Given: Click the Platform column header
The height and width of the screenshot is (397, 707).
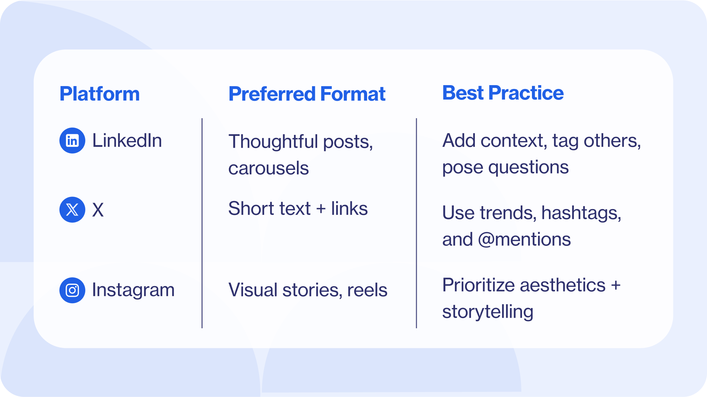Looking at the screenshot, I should click(99, 94).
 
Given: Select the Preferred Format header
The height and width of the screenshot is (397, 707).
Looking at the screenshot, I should click(307, 94).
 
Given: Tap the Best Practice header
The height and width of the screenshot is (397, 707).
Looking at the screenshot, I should click(503, 93).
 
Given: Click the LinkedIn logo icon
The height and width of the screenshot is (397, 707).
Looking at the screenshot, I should click(72, 141).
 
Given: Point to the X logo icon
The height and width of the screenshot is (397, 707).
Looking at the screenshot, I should click(72, 210).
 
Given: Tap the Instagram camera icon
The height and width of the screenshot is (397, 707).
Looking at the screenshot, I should click(72, 290).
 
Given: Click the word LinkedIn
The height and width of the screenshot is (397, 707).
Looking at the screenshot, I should click(127, 141).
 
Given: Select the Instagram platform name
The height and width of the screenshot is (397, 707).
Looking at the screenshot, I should click(133, 290).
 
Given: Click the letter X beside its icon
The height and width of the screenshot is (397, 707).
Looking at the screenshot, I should click(98, 210).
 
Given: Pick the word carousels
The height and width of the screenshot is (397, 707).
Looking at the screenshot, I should click(268, 168).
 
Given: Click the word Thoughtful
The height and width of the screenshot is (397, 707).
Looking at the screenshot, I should click(273, 142).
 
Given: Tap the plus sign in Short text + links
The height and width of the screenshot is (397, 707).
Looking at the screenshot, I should click(321, 209).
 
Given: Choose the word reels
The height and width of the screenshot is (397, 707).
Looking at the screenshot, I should click(367, 290).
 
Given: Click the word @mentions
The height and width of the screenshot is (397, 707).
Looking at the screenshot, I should click(524, 240).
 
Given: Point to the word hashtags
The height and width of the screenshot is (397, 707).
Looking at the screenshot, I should click(581, 213).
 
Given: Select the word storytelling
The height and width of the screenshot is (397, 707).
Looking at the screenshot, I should click(488, 312).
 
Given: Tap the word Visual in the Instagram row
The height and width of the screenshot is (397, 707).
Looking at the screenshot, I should click(253, 290).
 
